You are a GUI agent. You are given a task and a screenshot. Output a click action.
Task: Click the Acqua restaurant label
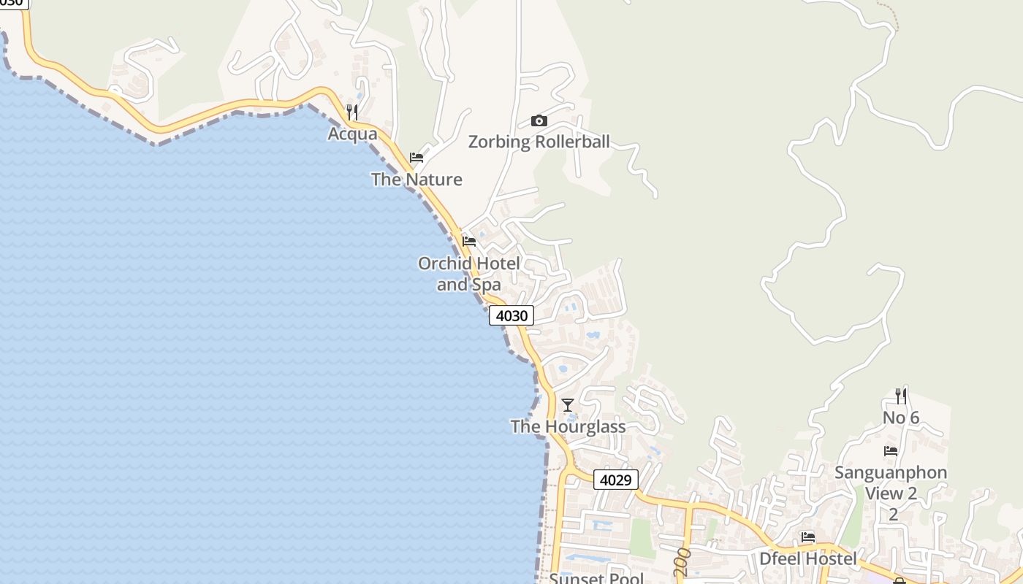coord(352,134)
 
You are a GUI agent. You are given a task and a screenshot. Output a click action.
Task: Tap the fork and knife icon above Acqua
coord(352,112)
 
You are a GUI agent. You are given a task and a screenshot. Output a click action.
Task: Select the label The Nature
coord(417,179)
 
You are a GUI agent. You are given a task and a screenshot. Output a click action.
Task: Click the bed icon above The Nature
coord(417,157)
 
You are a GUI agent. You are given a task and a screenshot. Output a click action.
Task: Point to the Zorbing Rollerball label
coord(539,142)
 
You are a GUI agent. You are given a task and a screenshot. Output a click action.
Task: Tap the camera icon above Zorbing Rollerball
coord(539,120)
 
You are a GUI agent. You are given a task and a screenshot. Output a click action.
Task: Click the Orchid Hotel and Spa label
coord(469,274)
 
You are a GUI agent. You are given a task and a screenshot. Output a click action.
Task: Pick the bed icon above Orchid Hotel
coord(469,241)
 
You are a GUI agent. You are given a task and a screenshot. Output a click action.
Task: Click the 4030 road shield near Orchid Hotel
coord(512,315)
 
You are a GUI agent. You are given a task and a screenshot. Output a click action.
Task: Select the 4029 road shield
coord(616,480)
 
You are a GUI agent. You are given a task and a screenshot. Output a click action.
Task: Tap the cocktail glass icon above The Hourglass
coord(567,404)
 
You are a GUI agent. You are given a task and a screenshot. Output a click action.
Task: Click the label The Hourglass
coord(568,426)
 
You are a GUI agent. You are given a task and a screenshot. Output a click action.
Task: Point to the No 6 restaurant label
coord(901,418)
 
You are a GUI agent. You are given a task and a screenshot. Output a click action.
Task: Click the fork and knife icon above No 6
coord(901,396)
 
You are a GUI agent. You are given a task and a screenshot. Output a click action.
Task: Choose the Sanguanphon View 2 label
coord(891,483)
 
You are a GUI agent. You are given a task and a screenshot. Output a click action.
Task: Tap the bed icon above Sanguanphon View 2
coord(891,450)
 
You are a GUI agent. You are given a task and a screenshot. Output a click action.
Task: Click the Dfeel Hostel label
coord(807,559)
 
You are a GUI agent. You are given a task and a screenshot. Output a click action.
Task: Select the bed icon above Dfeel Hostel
coord(807,537)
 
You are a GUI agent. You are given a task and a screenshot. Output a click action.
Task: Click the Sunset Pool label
coord(596,578)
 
